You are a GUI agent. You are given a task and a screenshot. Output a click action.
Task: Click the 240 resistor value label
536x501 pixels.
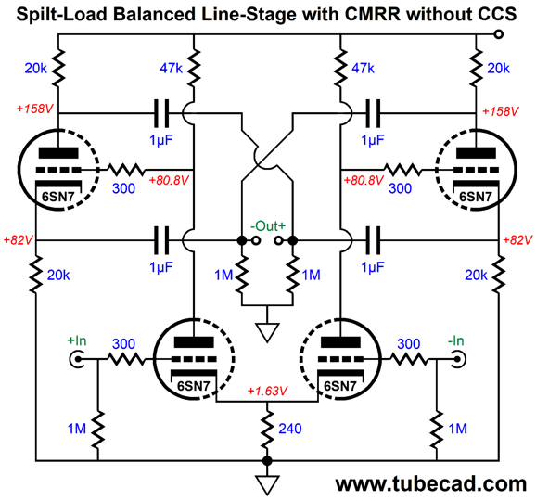[x=290, y=429]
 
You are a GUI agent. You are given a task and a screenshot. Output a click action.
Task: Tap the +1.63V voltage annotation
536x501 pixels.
[x=267, y=391]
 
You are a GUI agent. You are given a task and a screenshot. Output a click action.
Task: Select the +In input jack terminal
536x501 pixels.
[x=77, y=359]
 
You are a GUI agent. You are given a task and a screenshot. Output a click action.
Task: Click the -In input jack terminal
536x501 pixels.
[x=458, y=359]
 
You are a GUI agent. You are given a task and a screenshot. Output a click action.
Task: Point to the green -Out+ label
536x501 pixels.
[x=267, y=226]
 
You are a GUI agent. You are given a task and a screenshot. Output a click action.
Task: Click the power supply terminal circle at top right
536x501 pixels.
[x=499, y=34]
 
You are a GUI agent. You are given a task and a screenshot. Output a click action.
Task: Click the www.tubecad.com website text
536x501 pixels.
[x=431, y=483]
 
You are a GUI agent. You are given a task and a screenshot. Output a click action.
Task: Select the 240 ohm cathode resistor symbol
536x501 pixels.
[x=267, y=430]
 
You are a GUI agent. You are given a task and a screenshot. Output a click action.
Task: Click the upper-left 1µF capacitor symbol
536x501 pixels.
[x=161, y=113]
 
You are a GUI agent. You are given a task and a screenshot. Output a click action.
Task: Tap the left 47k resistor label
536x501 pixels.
[x=171, y=69]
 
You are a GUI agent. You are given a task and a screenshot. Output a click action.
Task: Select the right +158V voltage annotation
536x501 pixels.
[x=500, y=111]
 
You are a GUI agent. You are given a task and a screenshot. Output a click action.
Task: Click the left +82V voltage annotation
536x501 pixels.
[x=18, y=240]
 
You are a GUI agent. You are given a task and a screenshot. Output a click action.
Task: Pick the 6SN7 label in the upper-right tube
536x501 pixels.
[x=476, y=197]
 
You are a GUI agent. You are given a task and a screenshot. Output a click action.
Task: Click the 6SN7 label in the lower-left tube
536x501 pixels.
[x=194, y=386]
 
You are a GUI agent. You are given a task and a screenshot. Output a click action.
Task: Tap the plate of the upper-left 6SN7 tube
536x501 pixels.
[x=58, y=152]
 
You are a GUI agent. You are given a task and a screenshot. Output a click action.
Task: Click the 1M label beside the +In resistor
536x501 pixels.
[x=77, y=429]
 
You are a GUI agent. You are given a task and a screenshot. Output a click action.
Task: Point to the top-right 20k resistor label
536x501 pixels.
[x=498, y=69]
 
